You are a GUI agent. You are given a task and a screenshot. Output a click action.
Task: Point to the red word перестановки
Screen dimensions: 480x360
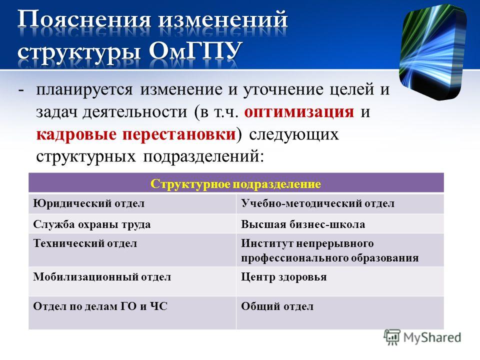tap(179, 134)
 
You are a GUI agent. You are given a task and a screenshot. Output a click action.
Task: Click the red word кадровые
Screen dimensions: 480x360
tap(76, 134)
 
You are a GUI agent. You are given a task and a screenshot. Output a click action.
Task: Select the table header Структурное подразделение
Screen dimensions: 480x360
tap(235, 184)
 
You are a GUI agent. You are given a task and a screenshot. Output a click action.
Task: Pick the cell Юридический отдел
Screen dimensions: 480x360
tap(132, 203)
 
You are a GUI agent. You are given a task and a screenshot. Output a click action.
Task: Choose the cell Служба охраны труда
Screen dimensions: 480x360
tap(132, 224)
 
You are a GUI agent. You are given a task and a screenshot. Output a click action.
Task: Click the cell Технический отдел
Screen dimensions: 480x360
tap(132, 250)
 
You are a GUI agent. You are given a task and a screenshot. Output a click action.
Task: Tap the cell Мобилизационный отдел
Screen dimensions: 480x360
tap(132, 281)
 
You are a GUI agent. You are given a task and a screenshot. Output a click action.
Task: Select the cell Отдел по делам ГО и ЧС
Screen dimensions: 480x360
tap(132, 312)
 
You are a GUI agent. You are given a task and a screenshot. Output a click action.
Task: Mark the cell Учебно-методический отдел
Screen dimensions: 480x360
tap(340, 203)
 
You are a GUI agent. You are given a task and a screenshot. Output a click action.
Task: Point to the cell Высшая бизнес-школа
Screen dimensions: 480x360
tap(340, 224)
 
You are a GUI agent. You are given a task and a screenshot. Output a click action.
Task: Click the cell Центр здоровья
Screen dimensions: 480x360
tap(340, 281)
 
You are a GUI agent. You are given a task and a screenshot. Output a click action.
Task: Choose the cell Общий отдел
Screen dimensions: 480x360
tap(340, 312)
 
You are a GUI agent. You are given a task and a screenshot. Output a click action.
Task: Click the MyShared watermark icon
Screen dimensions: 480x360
tap(392, 337)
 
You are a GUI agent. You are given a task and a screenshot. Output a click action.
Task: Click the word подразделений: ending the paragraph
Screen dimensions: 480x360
tap(203, 157)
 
